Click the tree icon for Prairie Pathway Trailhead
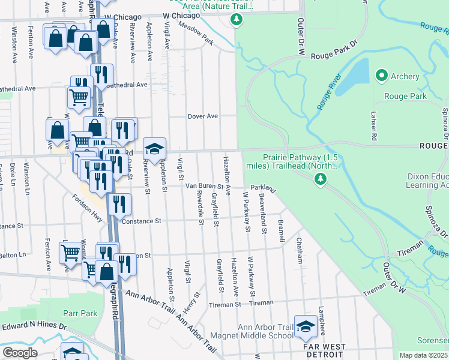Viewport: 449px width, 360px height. [321, 178]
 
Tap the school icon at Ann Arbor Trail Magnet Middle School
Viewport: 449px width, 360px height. [306, 325]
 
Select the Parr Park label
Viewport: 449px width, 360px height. [80, 313]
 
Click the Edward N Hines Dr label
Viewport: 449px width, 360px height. [36, 326]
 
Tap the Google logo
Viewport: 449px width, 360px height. [20, 353]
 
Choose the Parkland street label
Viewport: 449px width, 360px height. [263, 188]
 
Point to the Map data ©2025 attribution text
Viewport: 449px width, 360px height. [424, 355]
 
